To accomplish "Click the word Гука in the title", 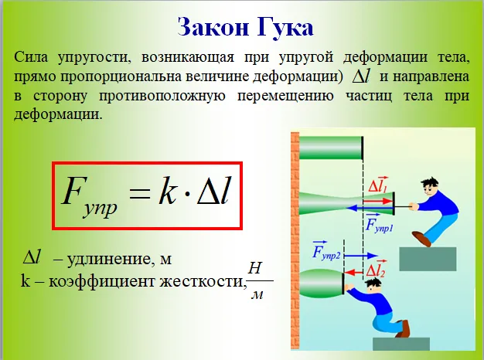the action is point(285,28).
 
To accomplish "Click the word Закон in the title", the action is point(213,27).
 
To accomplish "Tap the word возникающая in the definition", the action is point(188,58).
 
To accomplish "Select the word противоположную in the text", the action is point(162,97).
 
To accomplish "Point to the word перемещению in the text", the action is point(285,97).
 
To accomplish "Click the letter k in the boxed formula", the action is point(168,192).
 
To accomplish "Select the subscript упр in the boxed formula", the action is point(101,209).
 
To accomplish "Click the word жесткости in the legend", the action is point(202,281).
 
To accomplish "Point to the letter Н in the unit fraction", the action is point(255,268).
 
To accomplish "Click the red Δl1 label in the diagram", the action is point(378,185).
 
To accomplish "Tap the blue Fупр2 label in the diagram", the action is point(326,250).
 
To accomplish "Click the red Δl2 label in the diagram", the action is point(376,270).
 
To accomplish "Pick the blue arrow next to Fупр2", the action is point(361,256).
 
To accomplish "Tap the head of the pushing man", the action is point(373,287).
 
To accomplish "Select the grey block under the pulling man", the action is point(428,259).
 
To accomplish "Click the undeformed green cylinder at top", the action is point(331,148).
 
